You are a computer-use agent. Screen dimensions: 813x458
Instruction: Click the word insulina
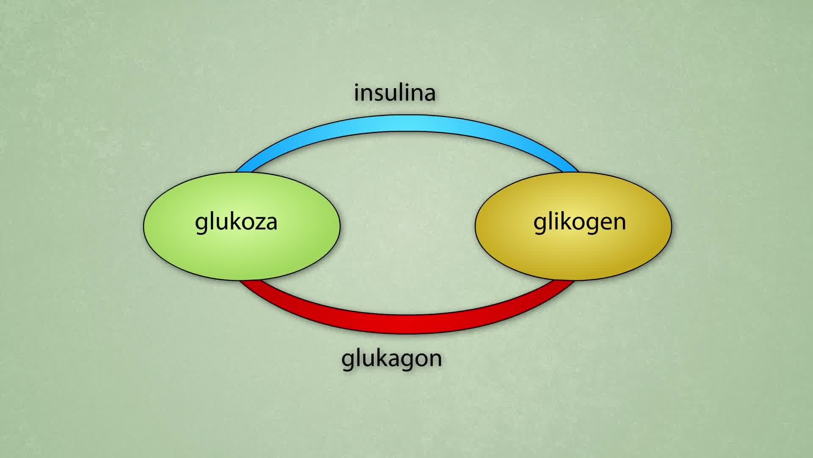click(395, 93)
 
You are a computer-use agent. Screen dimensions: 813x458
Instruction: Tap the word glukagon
click(392, 359)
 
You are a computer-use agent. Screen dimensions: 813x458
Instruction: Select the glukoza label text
click(236, 222)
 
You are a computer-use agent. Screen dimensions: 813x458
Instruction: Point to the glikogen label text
click(579, 222)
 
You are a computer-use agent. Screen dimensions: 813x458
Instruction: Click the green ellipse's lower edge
click(241, 280)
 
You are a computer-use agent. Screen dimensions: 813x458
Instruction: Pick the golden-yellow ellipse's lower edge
click(573, 280)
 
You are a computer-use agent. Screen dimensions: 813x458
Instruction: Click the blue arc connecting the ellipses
click(406, 123)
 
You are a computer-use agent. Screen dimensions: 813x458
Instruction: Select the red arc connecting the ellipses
click(406, 324)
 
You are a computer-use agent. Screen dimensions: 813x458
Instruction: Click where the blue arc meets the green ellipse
click(244, 172)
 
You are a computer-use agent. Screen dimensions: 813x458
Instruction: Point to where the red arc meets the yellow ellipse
click(565, 280)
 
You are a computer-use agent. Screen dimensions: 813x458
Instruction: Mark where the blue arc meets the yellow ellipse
click(571, 172)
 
